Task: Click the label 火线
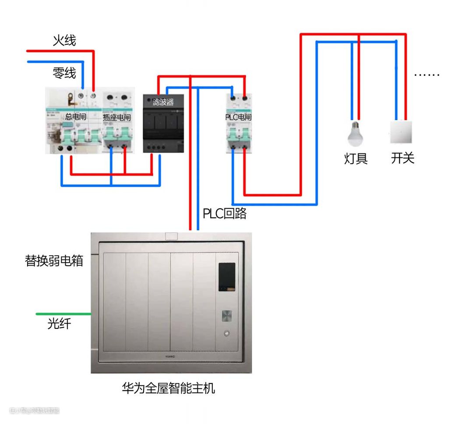(x=64, y=41)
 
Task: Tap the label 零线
(x=64, y=73)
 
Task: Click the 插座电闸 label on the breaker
(x=116, y=118)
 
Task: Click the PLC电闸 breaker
(x=239, y=123)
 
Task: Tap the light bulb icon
(x=356, y=134)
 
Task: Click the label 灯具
(x=356, y=158)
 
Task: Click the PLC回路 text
(x=225, y=214)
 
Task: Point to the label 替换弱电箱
(x=54, y=261)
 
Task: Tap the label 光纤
(x=59, y=324)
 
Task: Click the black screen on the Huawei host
(x=227, y=277)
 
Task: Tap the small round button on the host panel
(x=226, y=333)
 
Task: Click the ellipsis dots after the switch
(x=427, y=74)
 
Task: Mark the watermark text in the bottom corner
(x=34, y=411)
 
